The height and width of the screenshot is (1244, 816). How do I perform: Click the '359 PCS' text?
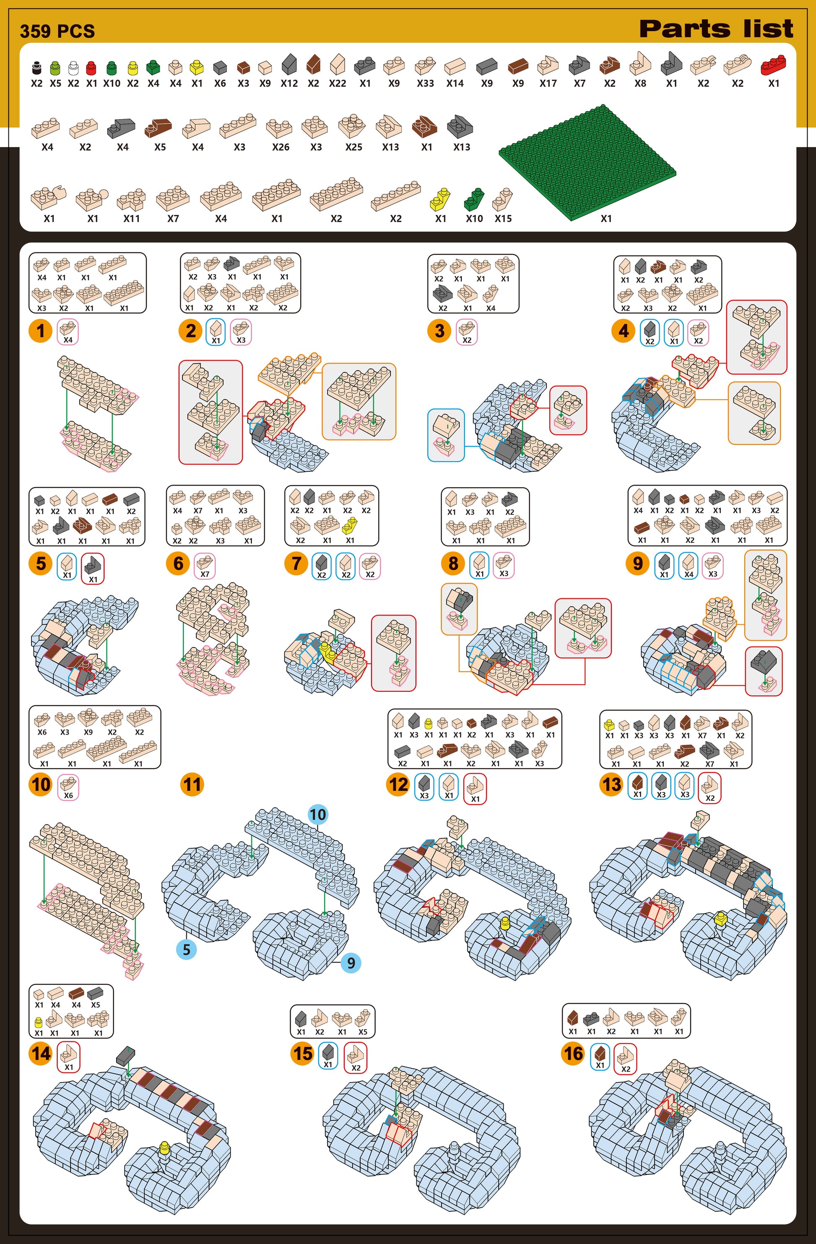[x=57, y=31]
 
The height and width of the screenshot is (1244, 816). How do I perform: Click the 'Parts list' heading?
[x=716, y=29]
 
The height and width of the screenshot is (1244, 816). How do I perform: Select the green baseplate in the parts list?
[x=587, y=162]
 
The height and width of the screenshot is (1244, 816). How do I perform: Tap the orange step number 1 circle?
[x=41, y=331]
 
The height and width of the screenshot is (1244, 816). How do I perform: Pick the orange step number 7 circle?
[x=296, y=564]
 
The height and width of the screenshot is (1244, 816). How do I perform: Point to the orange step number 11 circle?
[x=192, y=784]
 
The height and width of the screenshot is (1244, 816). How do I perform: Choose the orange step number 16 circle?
[x=573, y=1053]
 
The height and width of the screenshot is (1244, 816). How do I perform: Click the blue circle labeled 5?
[x=187, y=949]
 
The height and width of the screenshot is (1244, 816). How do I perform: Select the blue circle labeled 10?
[x=318, y=814]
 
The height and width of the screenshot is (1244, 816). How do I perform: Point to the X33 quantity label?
[x=426, y=83]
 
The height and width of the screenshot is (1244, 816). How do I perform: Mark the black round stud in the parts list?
[x=36, y=68]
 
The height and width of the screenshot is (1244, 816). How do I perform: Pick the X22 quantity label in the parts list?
[x=338, y=83]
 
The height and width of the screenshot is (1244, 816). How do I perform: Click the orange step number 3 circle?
[x=439, y=331]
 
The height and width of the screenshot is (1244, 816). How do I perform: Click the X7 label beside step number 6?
[x=205, y=574]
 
